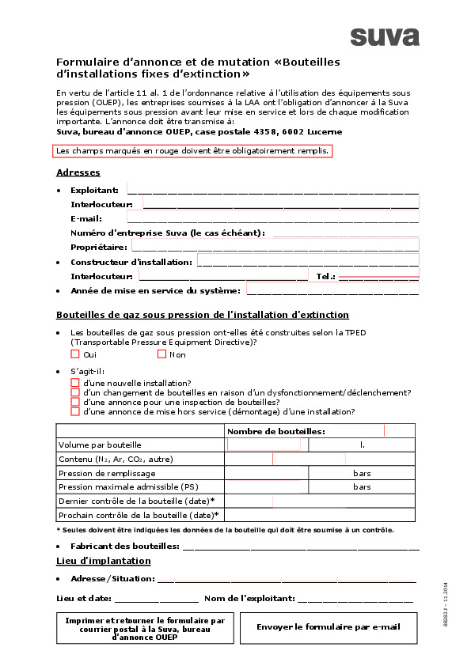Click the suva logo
coord(385,37)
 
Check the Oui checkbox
coord(75,354)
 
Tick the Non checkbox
coord(161,354)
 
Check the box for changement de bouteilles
coord(75,392)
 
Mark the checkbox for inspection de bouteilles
coord(75,402)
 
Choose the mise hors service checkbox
coord(75,411)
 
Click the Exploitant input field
coord(272,189)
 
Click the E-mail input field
coord(272,218)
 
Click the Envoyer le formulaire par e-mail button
coord(328,627)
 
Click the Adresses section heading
coord(78,172)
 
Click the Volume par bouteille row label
coord(100,445)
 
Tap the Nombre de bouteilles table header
coord(276,432)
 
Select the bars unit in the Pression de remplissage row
coord(362,473)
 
